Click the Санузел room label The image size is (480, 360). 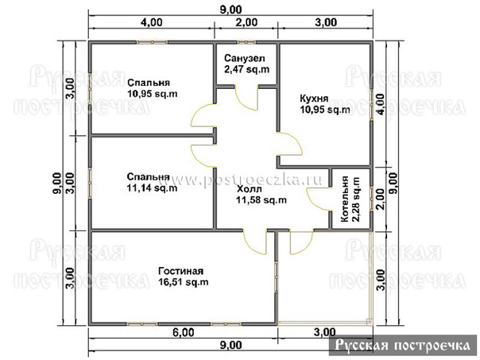coord(244,58)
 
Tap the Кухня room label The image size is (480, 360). coord(314,99)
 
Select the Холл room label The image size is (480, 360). coord(249,189)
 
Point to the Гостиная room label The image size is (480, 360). coord(180,271)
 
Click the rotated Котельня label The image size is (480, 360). coord(345,199)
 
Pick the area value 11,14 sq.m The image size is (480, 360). coord(152,188)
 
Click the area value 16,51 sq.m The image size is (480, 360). coord(184,281)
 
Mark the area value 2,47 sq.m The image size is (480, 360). coord(246,69)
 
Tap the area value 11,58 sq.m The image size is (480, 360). coord(261,200)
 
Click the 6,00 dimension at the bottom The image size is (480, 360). coord(184,332)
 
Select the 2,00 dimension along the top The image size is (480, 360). coord(246,22)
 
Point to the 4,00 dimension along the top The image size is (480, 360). coord(152,22)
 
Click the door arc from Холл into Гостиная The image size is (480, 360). coord(251,245)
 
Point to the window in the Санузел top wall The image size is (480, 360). coord(246,42)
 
